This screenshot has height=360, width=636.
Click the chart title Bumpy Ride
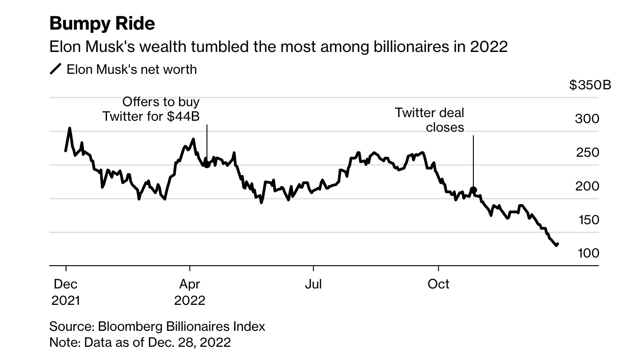[x=102, y=23]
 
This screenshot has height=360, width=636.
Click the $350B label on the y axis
[x=590, y=85]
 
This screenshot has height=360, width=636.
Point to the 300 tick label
[x=587, y=118]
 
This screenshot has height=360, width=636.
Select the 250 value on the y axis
[x=587, y=153]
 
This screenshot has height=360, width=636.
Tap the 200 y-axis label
[x=587, y=186]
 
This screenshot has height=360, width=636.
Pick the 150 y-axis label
[x=589, y=220]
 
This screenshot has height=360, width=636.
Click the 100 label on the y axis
[x=588, y=253]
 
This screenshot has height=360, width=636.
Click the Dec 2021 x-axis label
[x=66, y=292]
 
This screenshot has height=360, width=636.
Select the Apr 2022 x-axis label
[x=190, y=292]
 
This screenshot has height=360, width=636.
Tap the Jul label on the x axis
[x=313, y=284]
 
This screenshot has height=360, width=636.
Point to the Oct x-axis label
[x=438, y=284]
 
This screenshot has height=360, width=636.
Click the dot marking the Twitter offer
[x=207, y=165]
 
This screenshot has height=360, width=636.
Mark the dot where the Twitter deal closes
[x=473, y=190]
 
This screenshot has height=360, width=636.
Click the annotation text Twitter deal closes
[x=429, y=120]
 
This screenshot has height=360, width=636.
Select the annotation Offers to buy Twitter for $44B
[x=151, y=109]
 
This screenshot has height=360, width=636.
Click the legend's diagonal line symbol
[x=56, y=69]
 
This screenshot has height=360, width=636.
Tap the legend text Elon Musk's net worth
[x=132, y=69]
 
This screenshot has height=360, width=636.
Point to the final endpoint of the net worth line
[x=558, y=244]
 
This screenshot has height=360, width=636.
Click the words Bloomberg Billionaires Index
[x=181, y=326]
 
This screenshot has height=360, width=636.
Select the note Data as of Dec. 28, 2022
[x=157, y=342]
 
